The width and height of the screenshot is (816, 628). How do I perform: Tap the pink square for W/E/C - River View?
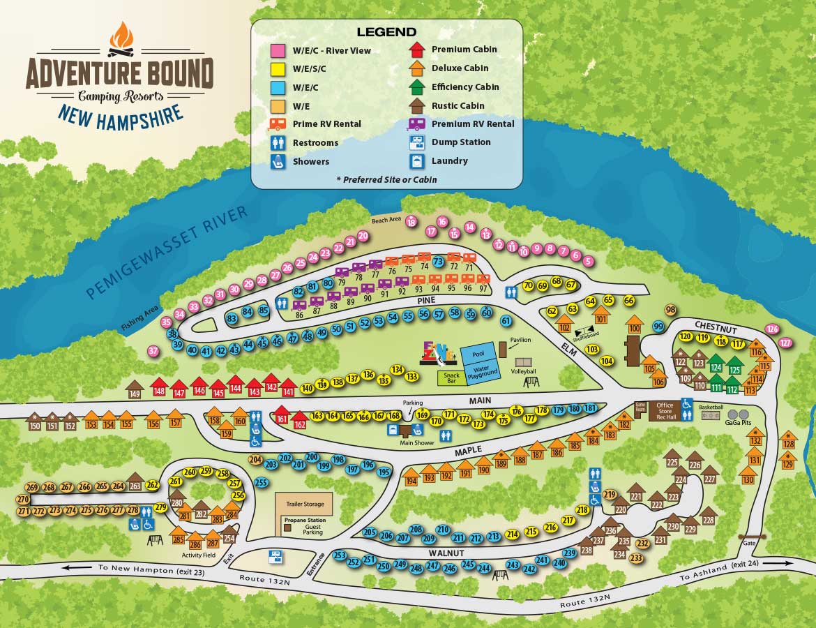coord(278,50)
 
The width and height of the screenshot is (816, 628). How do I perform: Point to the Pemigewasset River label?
coord(167,253)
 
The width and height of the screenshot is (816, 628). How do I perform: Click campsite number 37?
coord(153,352)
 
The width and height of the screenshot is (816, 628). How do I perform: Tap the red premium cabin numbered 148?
coord(160,389)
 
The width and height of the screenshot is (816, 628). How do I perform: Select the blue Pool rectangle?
coord(478,353)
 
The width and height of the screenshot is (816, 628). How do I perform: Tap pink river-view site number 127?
coord(786,343)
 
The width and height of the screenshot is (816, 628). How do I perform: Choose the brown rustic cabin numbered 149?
coord(135,391)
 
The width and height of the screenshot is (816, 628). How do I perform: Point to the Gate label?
coord(750,543)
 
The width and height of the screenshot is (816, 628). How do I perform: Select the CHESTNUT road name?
coord(717,326)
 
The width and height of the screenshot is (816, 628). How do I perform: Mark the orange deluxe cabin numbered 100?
coord(634,325)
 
